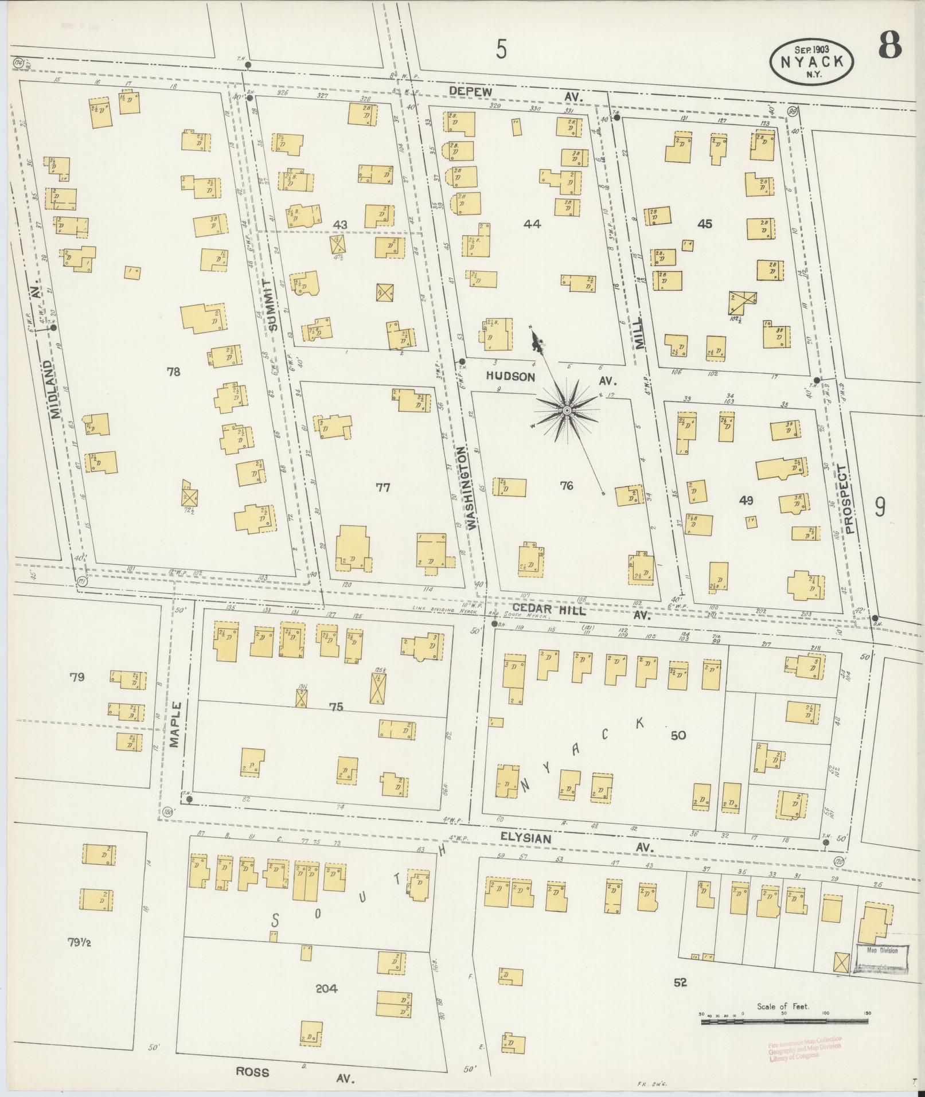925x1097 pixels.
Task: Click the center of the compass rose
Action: [x=567, y=411]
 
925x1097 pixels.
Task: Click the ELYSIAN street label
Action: [x=525, y=838]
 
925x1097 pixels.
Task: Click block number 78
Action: [x=173, y=372]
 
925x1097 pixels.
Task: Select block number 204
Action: [x=326, y=988]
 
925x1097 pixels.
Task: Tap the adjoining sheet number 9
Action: [x=880, y=506]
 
